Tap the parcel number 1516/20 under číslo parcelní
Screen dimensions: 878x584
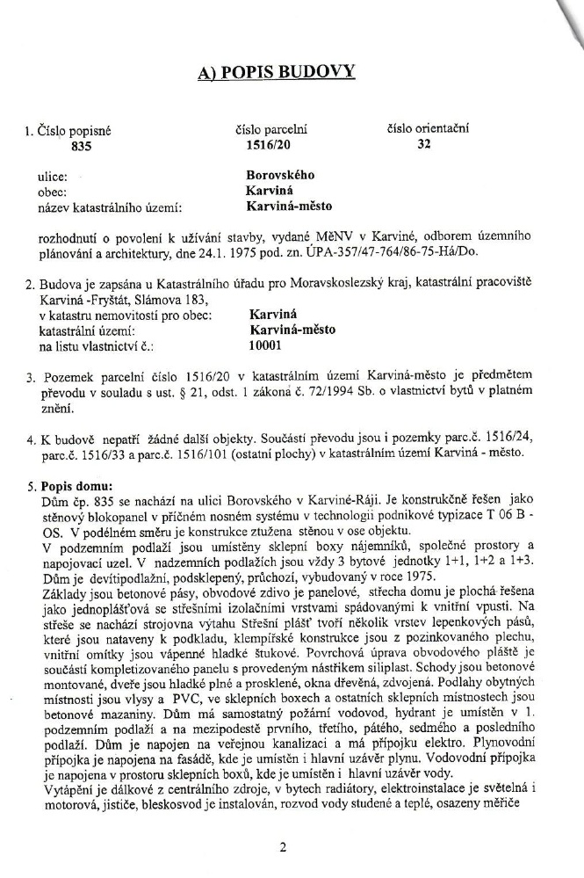(259, 147)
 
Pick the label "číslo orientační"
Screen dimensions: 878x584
(428, 128)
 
